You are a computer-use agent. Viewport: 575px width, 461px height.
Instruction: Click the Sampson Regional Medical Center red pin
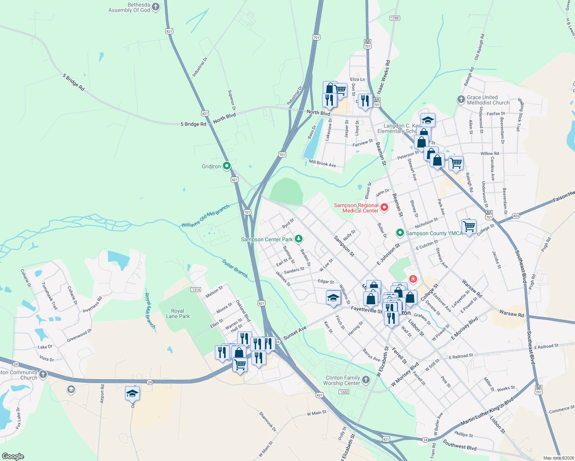[x=384, y=208]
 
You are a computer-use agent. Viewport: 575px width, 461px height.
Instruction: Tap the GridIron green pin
[x=227, y=166]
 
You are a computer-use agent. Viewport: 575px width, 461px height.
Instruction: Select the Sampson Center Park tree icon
[x=298, y=239]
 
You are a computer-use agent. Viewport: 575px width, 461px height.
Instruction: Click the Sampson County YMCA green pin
[x=400, y=233]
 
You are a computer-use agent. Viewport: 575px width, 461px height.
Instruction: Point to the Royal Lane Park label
[x=178, y=313]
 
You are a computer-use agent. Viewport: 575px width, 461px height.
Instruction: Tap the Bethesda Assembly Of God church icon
[x=156, y=7]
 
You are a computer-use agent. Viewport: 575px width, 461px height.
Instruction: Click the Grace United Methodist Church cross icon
[x=461, y=99]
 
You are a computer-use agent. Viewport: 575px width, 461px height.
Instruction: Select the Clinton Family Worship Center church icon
[x=366, y=380]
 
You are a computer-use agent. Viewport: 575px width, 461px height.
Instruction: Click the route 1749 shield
[x=395, y=18]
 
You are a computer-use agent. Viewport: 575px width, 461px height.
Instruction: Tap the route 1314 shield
[x=196, y=289]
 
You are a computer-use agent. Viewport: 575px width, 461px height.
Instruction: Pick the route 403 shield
[x=516, y=216]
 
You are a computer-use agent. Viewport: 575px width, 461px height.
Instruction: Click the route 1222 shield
[x=344, y=392]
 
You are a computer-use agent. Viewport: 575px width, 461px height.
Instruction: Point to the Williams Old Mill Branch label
[x=205, y=216]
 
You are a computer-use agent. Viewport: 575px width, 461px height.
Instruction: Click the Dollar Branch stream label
[x=235, y=268]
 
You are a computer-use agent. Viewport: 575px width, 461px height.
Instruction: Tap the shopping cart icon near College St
[x=469, y=226]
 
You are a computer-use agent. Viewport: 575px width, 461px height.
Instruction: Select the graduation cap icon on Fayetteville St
[x=333, y=298]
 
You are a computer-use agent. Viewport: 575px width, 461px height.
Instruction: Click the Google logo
[x=13, y=456]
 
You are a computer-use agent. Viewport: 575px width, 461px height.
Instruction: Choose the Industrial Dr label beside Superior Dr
[x=200, y=67]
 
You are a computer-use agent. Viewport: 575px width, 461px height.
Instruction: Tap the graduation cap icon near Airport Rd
[x=132, y=393]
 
